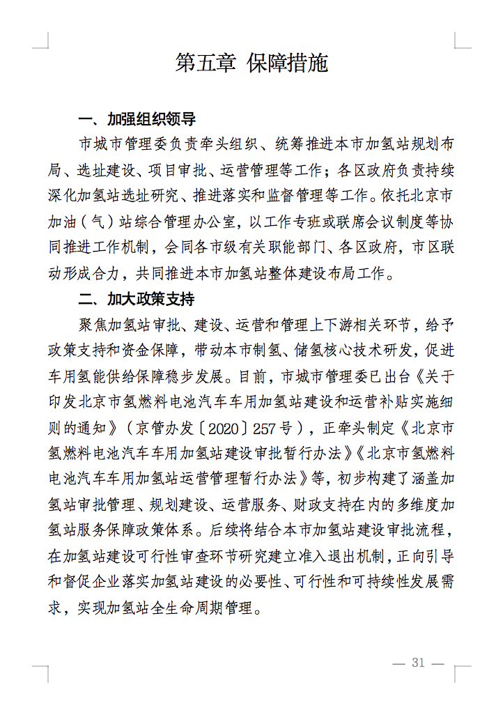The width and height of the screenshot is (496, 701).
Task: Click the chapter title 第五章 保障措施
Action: (251, 63)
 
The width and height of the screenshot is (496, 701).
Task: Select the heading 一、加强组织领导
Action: (137, 118)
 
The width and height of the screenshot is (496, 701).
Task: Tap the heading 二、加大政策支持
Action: (137, 300)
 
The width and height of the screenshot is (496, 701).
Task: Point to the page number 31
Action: (418, 663)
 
